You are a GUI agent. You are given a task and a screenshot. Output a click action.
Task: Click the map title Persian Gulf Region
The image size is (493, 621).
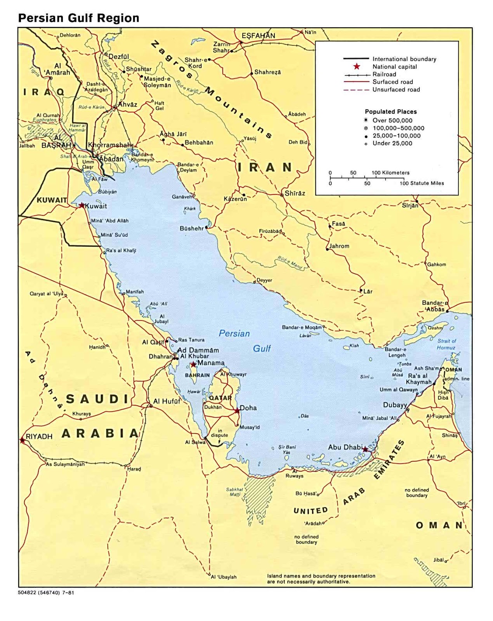coord(79,18)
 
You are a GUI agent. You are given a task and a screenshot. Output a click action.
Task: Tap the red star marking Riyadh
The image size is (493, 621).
coord(23,440)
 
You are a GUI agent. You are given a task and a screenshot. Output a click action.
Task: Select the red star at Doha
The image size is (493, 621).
coord(237,410)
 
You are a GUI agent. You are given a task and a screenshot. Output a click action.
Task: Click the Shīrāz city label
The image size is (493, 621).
coord(295,193)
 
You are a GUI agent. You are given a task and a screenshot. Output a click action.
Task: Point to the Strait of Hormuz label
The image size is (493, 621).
coord(446,344)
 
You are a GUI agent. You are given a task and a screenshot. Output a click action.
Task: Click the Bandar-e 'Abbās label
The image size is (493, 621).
coord(435,306)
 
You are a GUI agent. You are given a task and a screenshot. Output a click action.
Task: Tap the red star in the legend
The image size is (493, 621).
coord(357,66)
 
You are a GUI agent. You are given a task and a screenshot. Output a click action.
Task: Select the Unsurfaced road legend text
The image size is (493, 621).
coord(396,90)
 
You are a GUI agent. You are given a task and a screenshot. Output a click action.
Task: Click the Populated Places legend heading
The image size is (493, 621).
coord(391,111)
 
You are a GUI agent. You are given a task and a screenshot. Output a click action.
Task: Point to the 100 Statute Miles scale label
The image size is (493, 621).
coord(422,183)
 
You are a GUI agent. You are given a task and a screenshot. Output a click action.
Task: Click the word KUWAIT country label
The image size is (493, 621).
coord(52,200)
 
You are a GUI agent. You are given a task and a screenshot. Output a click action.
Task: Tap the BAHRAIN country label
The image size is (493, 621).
coord(197,375)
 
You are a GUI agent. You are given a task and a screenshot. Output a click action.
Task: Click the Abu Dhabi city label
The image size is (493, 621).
coord(345,447)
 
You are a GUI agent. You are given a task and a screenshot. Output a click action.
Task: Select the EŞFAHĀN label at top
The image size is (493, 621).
coord(258,36)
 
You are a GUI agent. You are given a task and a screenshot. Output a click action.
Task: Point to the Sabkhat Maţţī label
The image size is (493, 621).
coord(235,492)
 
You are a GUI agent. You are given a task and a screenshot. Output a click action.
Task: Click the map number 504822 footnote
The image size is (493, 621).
coord(46,593)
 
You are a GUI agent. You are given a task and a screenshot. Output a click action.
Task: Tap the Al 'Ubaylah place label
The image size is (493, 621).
coord(224,577)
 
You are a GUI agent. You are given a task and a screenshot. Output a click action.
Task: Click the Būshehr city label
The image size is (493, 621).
coord(191,229)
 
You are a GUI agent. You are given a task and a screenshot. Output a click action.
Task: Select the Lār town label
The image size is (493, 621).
coord(368,291)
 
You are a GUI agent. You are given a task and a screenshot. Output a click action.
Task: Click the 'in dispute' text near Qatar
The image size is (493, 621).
coord(220,433)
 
